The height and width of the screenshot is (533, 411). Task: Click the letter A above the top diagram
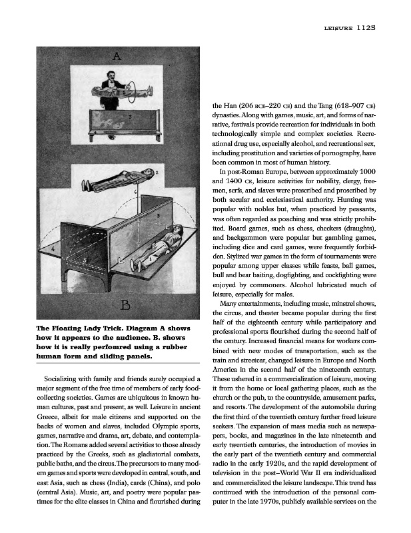pyautogui.click(x=115, y=57)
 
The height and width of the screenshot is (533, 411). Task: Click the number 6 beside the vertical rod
pyautogui.click(x=135, y=191)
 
